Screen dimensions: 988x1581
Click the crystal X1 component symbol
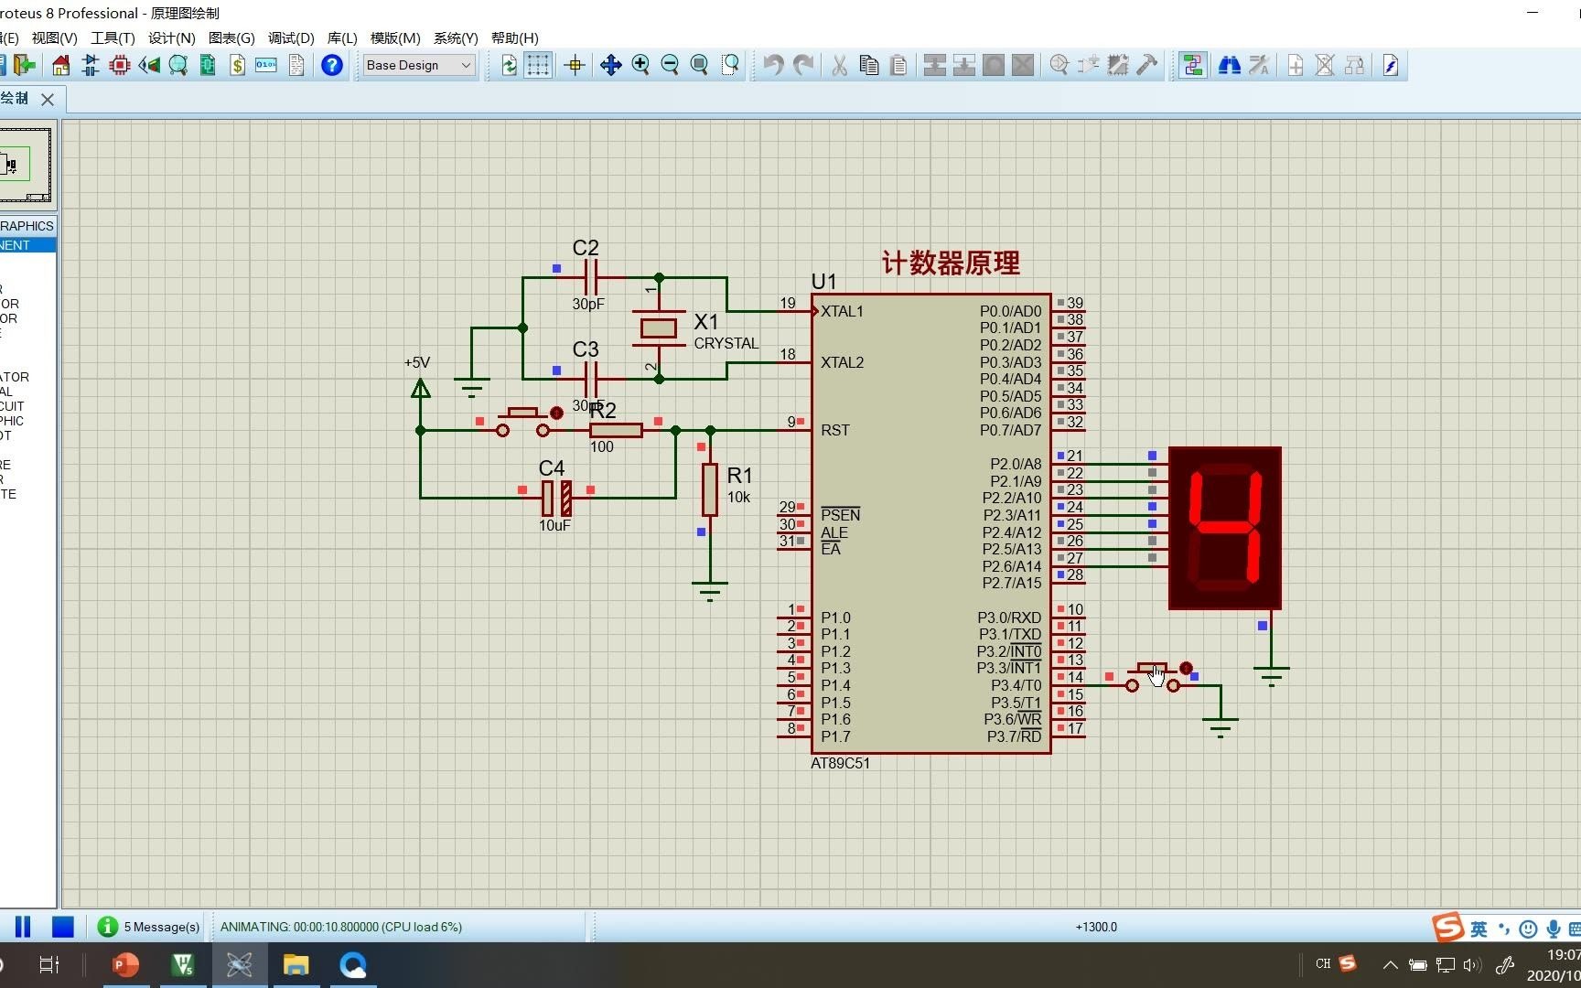658,328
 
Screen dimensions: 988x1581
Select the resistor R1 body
710,489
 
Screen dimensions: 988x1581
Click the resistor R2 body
616,430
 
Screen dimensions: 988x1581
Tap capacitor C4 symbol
556,498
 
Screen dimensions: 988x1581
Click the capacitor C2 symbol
590,276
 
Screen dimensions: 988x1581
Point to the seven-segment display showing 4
1224,528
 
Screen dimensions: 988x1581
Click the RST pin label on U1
835,430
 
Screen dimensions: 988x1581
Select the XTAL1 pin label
842,311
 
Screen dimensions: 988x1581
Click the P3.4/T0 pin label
1016,685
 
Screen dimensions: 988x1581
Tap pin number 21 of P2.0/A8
1075,456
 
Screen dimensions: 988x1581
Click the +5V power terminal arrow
421,389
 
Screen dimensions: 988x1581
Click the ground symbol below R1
710,590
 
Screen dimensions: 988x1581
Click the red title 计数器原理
951,263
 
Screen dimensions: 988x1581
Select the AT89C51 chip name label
840,763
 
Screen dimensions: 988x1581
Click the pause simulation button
23,927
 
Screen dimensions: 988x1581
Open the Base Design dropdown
419,65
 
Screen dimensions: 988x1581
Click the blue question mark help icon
332,65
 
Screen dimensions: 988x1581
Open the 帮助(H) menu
514,38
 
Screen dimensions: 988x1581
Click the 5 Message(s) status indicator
149,927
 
